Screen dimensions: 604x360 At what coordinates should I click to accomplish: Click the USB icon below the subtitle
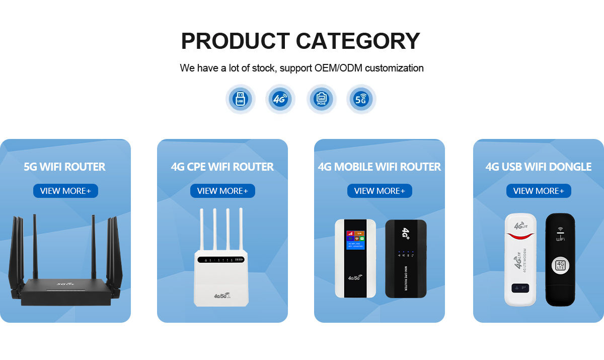(240, 99)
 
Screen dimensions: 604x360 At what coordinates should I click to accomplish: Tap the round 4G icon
(280, 99)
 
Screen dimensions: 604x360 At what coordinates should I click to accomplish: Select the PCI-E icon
(321, 99)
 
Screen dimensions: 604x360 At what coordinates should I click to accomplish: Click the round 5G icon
(361, 99)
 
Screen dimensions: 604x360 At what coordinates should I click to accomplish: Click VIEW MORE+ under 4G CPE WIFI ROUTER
(222, 191)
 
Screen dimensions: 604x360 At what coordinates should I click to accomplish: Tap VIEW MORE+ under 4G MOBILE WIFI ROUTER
(380, 191)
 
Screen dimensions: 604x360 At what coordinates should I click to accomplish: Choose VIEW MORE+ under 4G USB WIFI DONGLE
(539, 191)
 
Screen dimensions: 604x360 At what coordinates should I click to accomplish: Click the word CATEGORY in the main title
(358, 41)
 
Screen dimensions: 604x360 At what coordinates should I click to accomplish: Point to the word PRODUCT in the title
(235, 41)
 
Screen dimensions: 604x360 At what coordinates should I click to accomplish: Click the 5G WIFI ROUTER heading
(64, 167)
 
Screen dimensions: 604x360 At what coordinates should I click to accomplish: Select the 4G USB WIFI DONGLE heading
(539, 167)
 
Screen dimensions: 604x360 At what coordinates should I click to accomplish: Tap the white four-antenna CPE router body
(221, 279)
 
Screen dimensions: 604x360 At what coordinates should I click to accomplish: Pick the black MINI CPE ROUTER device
(406, 258)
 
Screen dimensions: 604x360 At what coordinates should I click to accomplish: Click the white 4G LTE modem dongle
(520, 260)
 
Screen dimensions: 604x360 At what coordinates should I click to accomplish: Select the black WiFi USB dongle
(560, 260)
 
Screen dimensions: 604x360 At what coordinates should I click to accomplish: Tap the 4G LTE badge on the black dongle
(560, 265)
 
